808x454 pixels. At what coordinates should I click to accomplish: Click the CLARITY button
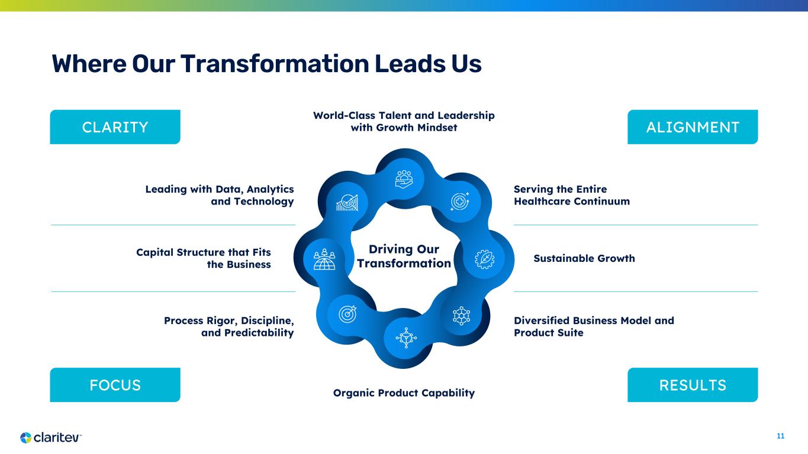coord(115,127)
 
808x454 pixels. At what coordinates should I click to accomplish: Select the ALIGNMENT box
coord(693,127)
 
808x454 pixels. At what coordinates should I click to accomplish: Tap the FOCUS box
coord(115,385)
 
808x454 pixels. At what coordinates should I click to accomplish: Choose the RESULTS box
coord(693,385)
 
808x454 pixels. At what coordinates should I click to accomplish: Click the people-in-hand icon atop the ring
coord(404,179)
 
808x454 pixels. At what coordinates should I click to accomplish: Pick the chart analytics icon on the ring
coord(347,203)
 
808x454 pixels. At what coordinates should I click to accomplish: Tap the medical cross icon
coord(460,202)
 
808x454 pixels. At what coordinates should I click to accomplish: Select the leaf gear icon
coord(484,259)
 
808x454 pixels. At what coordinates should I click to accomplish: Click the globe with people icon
coord(324,259)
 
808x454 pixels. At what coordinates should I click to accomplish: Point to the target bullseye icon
coord(347,314)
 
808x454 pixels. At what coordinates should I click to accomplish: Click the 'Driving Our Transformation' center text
coord(404,256)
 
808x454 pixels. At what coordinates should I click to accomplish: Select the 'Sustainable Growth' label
coord(584,258)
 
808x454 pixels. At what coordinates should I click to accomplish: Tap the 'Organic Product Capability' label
coord(404,393)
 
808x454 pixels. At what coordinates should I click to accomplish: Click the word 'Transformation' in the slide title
coord(275,64)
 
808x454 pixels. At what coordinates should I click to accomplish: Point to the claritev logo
coord(51,437)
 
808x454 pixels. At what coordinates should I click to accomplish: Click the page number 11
coord(781,436)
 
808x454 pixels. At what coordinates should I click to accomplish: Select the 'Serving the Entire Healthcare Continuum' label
coord(572,195)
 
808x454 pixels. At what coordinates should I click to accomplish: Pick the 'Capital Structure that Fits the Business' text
coord(204,258)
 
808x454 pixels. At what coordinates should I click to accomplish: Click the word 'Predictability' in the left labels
coord(259,333)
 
